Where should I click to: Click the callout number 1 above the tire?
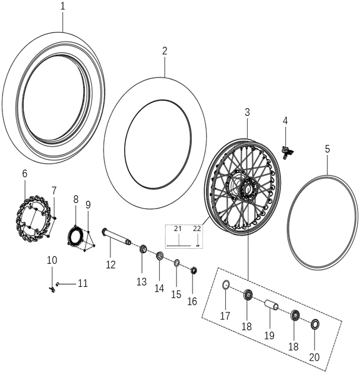click(x=63, y=7)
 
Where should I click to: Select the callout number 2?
click(x=165, y=51)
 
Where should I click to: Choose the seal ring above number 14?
click(x=160, y=257)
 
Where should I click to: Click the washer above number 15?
click(x=177, y=263)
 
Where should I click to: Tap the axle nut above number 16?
click(x=193, y=271)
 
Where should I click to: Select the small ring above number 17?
click(x=226, y=286)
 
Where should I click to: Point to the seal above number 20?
click(x=314, y=324)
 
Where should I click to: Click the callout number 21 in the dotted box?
click(x=177, y=229)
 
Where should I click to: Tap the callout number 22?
click(x=197, y=229)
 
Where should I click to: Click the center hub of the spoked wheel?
click(x=245, y=190)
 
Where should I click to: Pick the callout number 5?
click(x=327, y=150)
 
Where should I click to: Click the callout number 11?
click(x=82, y=284)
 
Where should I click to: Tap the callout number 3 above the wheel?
click(x=247, y=112)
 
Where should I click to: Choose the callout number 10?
click(x=52, y=260)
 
